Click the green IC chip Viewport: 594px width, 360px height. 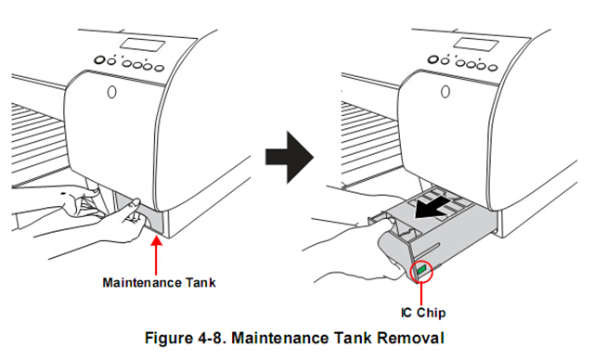coord(422,270)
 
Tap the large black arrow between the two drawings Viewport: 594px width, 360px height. coord(290,157)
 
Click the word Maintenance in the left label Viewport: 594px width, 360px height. coord(142,283)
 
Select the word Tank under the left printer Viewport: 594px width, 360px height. coord(201,283)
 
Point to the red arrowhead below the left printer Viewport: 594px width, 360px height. coord(156,240)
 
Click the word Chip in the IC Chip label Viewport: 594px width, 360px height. coord(431,313)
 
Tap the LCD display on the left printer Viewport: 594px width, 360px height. coord(143,45)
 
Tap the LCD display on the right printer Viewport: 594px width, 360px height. coord(476,45)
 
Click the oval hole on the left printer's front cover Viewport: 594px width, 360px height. coord(111,92)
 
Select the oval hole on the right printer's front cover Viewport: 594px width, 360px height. coord(445,92)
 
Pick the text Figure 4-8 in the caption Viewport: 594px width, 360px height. coord(186,338)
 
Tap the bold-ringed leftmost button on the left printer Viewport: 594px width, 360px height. coord(99,59)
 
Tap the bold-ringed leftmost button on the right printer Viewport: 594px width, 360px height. coord(433,59)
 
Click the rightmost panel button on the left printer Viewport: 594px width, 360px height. coord(160,69)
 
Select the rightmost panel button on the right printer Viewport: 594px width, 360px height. coord(493,68)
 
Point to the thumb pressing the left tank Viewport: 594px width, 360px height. coord(135,202)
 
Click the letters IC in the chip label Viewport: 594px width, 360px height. coord(407,313)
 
